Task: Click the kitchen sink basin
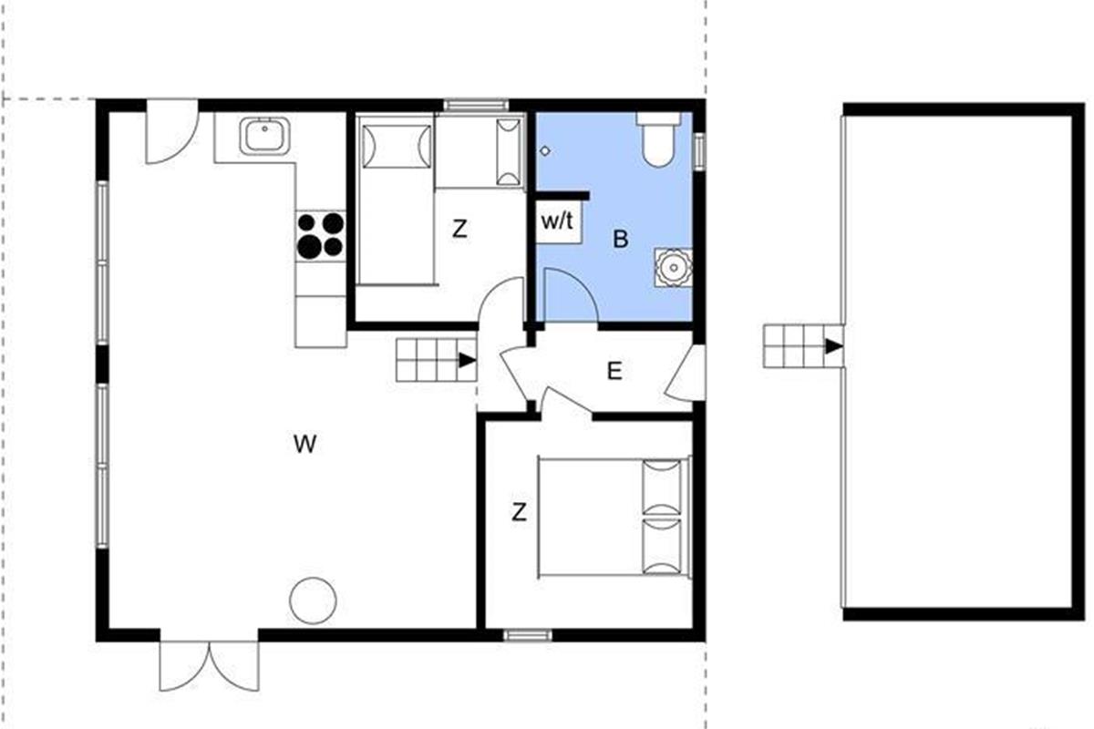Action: tap(264, 137)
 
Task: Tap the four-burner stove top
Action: tap(321, 235)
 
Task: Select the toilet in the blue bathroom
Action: tap(658, 139)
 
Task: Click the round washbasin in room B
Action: tap(674, 268)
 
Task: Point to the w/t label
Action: tap(557, 221)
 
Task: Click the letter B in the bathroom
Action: tap(621, 240)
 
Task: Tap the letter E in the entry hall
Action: tap(614, 372)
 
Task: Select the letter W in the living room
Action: tap(305, 444)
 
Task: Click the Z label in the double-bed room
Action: tap(519, 512)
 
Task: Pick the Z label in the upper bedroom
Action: tap(459, 229)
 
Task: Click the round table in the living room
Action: tap(313, 601)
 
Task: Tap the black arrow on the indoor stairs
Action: tap(468, 361)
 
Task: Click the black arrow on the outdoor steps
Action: tap(834, 346)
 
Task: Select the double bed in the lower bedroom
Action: tap(614, 518)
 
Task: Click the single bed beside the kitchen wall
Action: tap(395, 200)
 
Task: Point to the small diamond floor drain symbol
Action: tap(545, 151)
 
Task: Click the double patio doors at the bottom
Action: tap(209, 665)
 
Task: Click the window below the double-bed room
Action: tap(528, 635)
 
